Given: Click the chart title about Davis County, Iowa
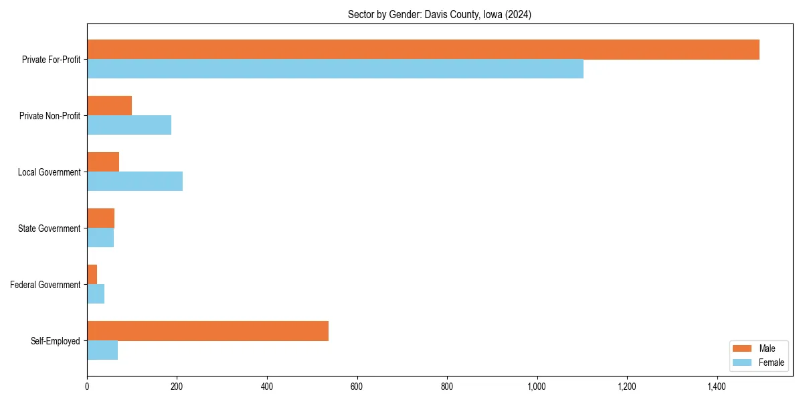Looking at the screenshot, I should pyautogui.click(x=440, y=15).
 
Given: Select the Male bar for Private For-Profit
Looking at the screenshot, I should pyautogui.click(x=423, y=50).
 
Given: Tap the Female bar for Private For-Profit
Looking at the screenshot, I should pyautogui.click(x=335, y=69).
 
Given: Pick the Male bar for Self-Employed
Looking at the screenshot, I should pyautogui.click(x=207, y=331).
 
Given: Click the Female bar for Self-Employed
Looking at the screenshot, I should pyautogui.click(x=102, y=350).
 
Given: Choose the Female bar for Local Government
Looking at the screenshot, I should pyautogui.click(x=135, y=182).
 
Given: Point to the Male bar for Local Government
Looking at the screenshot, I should pyautogui.click(x=103, y=162).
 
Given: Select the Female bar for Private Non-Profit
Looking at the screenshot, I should pyautogui.click(x=129, y=125).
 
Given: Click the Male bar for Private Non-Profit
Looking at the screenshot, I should pyautogui.click(x=109, y=106).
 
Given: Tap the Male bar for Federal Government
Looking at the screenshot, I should pyautogui.click(x=92, y=275).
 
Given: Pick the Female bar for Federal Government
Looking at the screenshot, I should pyautogui.click(x=96, y=294).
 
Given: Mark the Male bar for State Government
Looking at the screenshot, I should pyautogui.click(x=100, y=218).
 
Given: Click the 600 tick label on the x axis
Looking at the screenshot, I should pyautogui.click(x=357, y=387).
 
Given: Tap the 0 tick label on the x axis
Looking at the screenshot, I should pyautogui.click(x=87, y=387).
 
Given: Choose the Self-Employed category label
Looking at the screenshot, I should pyautogui.click(x=55, y=341).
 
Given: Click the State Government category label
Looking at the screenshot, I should pyautogui.click(x=50, y=228).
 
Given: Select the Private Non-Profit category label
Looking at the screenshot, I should pyautogui.click(x=50, y=116).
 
